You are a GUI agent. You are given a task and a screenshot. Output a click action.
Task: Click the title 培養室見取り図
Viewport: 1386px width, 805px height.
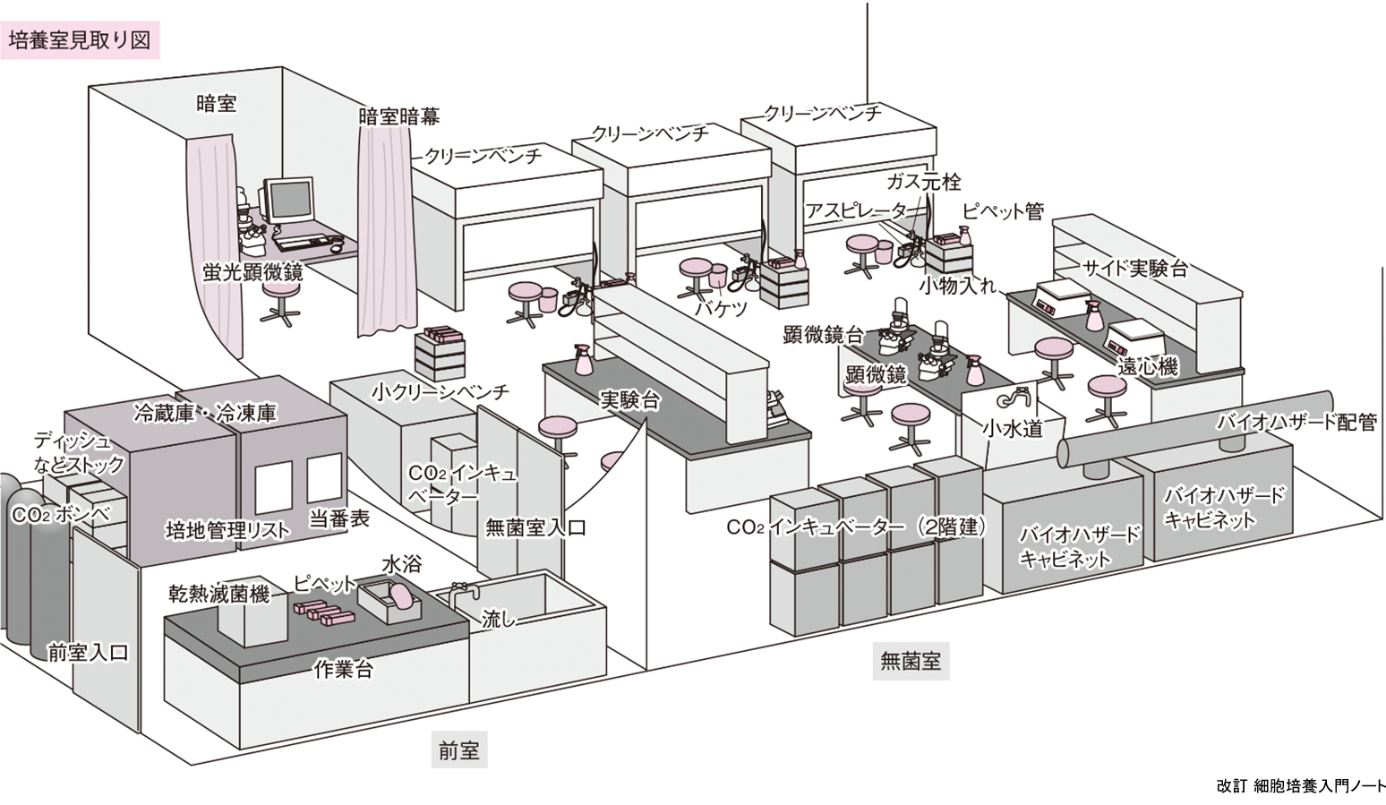coord(80,40)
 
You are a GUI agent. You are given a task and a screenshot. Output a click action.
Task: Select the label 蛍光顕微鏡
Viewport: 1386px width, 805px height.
coord(253,272)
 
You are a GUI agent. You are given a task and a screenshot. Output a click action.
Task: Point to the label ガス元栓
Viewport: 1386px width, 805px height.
coord(923,182)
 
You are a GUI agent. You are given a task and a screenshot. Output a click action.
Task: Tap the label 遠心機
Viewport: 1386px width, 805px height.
coord(1147,365)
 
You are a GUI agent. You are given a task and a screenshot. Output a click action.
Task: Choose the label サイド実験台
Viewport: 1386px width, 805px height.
coord(1134,268)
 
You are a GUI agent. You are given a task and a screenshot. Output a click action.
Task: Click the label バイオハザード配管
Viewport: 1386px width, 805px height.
coord(1296,422)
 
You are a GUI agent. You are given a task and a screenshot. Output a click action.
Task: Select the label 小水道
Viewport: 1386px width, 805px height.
coord(1012,429)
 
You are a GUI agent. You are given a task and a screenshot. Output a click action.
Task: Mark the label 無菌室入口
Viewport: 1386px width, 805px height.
coord(535,527)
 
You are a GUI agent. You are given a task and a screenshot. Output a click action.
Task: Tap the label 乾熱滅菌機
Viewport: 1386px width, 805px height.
coord(218,593)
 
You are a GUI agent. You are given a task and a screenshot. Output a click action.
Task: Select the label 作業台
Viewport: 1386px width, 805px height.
coord(343,669)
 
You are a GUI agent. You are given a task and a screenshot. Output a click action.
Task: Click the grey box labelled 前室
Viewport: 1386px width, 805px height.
coord(458,750)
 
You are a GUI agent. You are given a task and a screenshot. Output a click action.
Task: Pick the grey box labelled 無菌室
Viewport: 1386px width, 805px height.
coord(910,662)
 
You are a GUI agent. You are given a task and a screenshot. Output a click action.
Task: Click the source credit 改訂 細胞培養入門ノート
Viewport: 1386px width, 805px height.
coord(1300,785)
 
